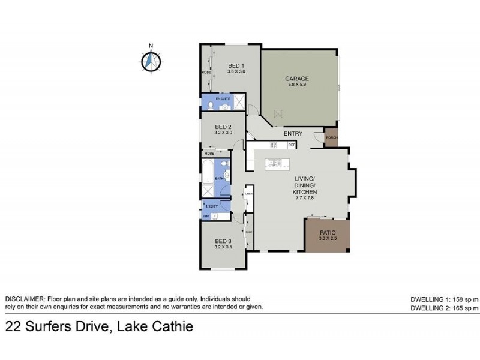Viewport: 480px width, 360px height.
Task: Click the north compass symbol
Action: pyautogui.click(x=151, y=60)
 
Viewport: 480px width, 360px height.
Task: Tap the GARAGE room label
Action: pyautogui.click(x=296, y=79)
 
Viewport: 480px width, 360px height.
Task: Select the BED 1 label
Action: pyautogui.click(x=236, y=65)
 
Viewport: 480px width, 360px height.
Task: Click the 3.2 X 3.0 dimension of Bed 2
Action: pyautogui.click(x=223, y=133)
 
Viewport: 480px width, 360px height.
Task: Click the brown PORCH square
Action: pyautogui.click(x=331, y=137)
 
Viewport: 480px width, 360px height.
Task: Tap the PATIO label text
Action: pyautogui.click(x=327, y=232)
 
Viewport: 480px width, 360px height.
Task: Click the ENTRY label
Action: pyautogui.click(x=293, y=133)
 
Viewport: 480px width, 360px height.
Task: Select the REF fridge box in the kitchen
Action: pyautogui.click(x=292, y=145)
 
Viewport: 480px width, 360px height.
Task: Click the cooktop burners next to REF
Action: pyautogui.click(x=274, y=145)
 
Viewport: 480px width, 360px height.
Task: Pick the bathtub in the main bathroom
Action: pyautogui.click(x=207, y=171)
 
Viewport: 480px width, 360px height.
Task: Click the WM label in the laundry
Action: pyautogui.click(x=206, y=216)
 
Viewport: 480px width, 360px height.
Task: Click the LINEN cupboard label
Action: pyautogui.click(x=248, y=194)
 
